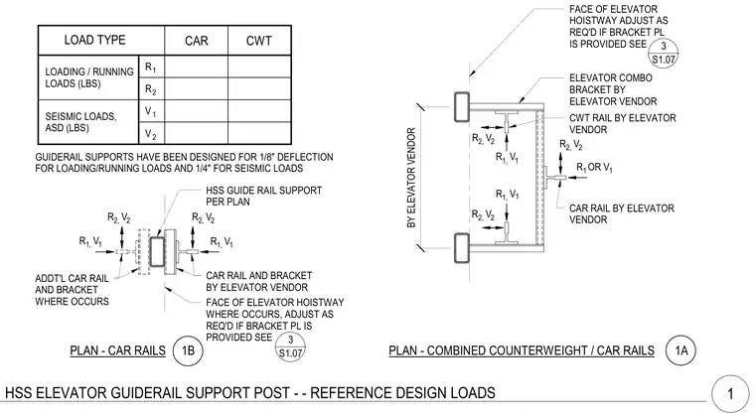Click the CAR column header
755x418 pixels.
point(197,41)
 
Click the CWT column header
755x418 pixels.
point(259,41)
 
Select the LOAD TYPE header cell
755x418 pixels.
point(94,40)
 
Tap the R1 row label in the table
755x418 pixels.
point(151,67)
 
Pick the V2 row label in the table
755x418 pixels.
point(151,134)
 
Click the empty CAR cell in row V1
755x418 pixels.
point(197,111)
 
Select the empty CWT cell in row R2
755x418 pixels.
point(259,89)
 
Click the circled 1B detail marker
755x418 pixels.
point(188,350)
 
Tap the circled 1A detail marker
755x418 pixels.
point(680,350)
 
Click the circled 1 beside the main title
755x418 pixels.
point(730,394)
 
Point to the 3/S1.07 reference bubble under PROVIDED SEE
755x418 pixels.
point(290,347)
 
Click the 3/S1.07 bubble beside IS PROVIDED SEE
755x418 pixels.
point(663,53)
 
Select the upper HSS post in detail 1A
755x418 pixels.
point(461,107)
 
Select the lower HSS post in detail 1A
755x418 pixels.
point(461,248)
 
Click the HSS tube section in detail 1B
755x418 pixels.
point(157,251)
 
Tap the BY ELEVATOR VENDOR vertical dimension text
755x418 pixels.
point(411,178)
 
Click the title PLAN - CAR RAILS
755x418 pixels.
point(117,350)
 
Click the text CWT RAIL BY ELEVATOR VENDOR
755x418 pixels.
point(622,124)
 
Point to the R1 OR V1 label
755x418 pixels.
point(594,168)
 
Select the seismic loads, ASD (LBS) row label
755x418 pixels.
point(80,122)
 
